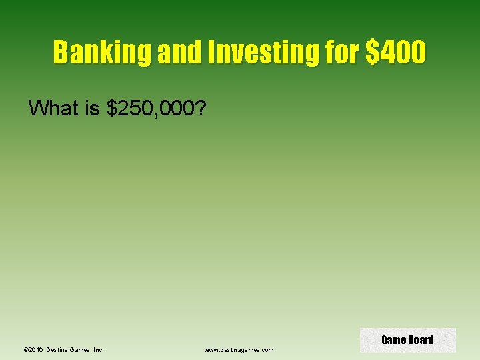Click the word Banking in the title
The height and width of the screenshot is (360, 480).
pos(103,52)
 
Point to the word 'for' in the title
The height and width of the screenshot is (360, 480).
pos(343,52)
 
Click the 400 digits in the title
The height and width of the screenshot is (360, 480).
pos(401,52)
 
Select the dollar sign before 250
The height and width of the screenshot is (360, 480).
pos(112,107)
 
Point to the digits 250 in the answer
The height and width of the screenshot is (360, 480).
pos(135,107)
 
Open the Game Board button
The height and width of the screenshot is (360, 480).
pos(407,340)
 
